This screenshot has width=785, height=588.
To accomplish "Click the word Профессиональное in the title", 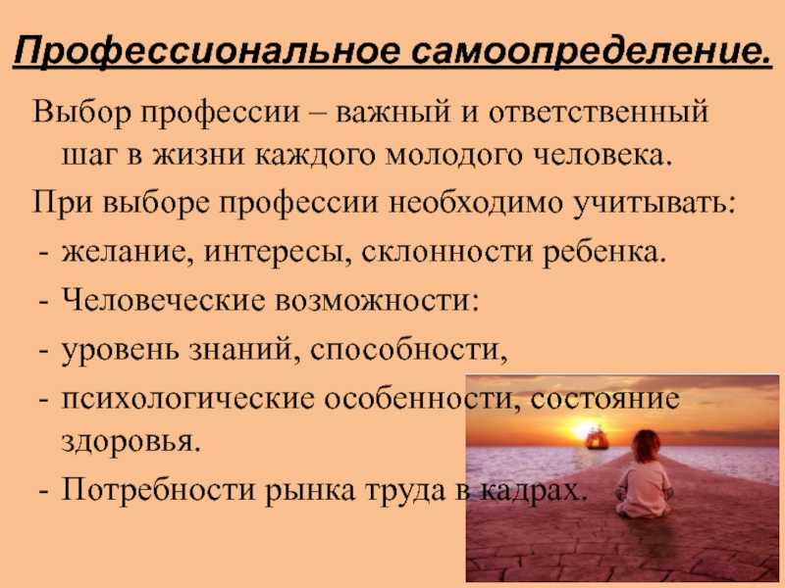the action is [x=207, y=51].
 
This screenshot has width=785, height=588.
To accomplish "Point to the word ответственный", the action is [x=599, y=112].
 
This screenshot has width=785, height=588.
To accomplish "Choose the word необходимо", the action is [x=476, y=203].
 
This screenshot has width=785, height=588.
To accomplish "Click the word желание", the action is [x=129, y=253].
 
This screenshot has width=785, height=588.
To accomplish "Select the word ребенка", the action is [x=604, y=251].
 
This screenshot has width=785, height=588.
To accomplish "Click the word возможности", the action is [x=377, y=302].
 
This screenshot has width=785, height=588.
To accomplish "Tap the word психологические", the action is [x=188, y=400].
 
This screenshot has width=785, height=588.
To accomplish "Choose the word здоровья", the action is [x=131, y=443].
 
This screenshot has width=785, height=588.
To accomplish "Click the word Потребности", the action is [x=159, y=488].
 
